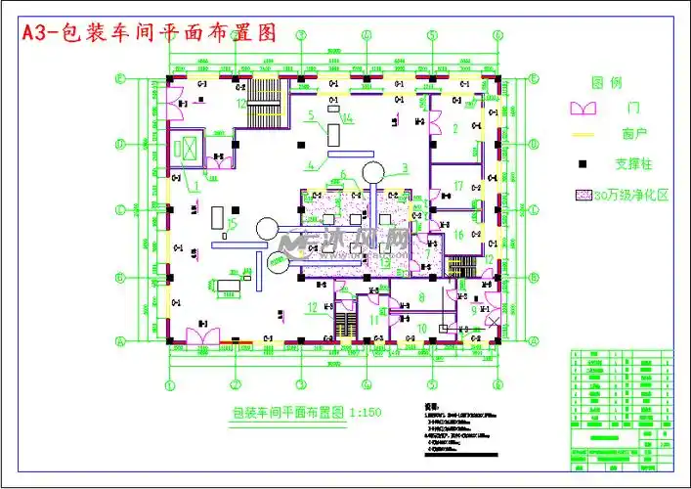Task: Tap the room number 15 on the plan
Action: coord(231,225)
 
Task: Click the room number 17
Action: coord(457,186)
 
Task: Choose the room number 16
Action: coord(457,234)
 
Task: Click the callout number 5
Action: coord(309,116)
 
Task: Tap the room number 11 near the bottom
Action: coord(374,320)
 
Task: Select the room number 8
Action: coord(421,296)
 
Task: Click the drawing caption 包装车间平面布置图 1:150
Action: coord(306,413)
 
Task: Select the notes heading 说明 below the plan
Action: coord(431,403)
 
